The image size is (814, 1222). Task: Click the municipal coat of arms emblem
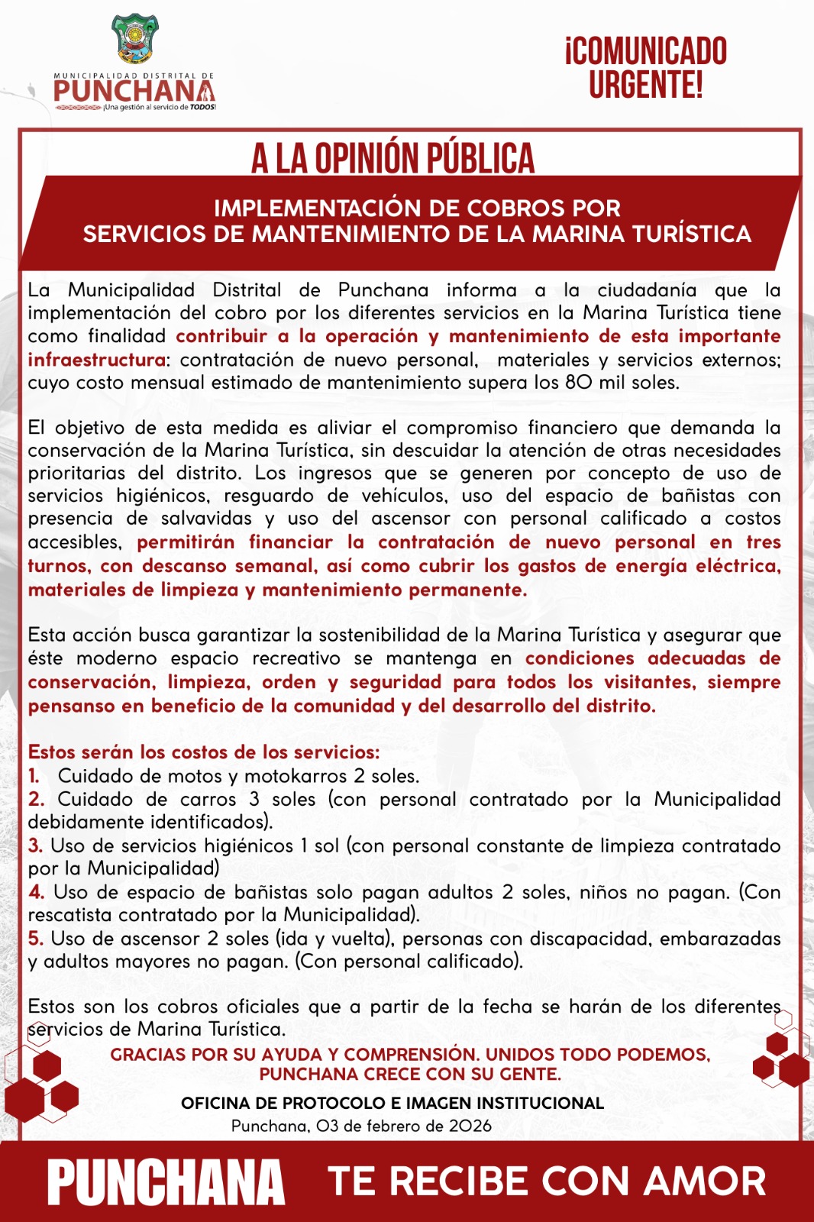(135, 40)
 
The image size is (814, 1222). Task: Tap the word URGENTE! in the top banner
(645, 85)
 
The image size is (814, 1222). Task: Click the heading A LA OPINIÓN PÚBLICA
(392, 158)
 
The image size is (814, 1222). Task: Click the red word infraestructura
(97, 359)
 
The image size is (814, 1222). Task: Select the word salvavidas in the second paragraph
(206, 518)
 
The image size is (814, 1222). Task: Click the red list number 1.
(34, 775)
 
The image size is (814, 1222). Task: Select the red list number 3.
(35, 845)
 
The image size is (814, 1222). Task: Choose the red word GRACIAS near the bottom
(148, 1055)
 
